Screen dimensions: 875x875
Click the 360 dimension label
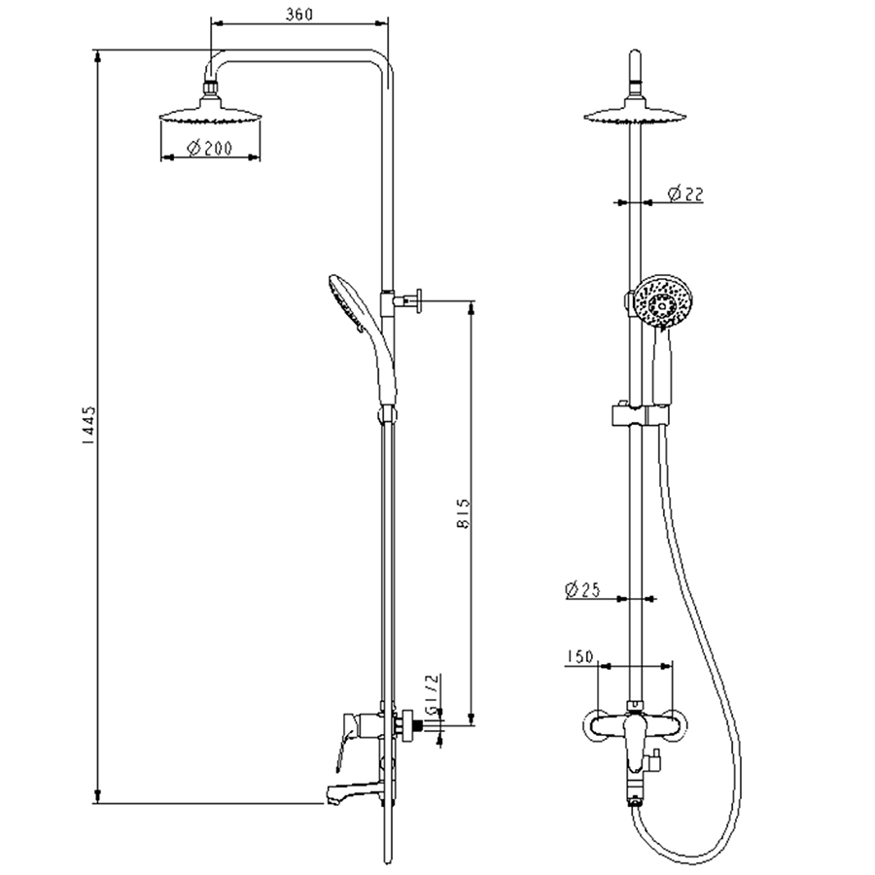point(299,14)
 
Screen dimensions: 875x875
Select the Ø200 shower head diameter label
point(209,148)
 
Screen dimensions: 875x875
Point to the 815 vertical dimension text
point(463,514)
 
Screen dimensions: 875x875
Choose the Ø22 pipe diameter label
point(685,193)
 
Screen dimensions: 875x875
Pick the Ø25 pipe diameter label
point(582,589)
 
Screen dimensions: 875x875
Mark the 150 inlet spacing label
point(579,657)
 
